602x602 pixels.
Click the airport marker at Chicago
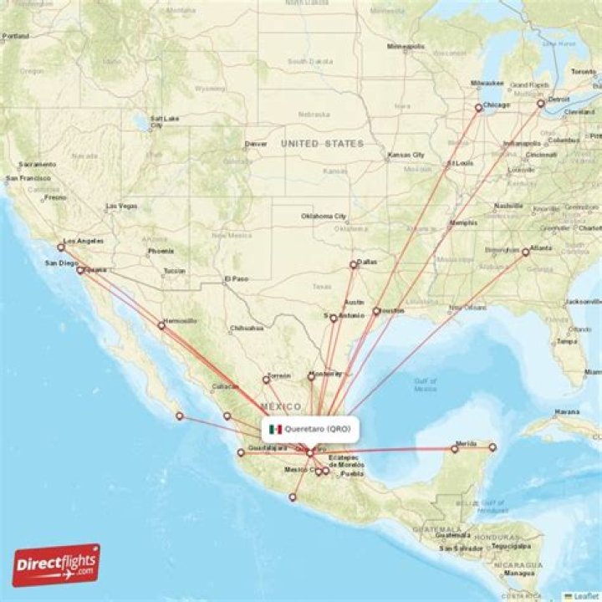(479, 107)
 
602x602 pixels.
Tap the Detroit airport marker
(541, 104)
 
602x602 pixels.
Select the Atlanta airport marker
(525, 252)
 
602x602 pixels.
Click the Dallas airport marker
(353, 265)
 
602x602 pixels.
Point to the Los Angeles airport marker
(60, 247)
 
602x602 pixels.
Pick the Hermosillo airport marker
(161, 325)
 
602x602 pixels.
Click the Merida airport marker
(455, 449)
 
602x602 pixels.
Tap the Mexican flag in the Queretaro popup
(275, 430)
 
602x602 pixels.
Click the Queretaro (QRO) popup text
(317, 430)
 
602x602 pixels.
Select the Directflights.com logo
(56, 565)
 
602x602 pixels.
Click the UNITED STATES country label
(322, 144)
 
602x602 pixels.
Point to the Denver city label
(256, 144)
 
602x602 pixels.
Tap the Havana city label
(565, 411)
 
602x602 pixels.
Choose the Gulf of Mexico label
(425, 385)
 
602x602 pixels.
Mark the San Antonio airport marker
(334, 318)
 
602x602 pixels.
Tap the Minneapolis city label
(406, 46)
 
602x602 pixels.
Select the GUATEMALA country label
(436, 530)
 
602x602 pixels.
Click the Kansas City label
(406, 156)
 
